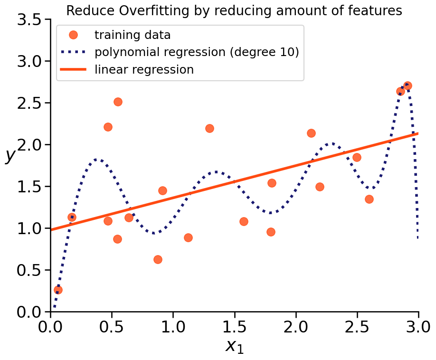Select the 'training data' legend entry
click(133, 35)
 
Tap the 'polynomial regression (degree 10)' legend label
click(197, 52)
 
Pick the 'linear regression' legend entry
click(144, 70)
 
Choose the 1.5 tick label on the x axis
click(234, 328)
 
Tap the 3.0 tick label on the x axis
click(418, 328)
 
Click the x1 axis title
click(234, 346)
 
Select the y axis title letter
click(10, 155)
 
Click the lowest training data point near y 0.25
click(58, 290)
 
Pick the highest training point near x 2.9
click(407, 85)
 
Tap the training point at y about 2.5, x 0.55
click(118, 102)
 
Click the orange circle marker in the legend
click(73, 35)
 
